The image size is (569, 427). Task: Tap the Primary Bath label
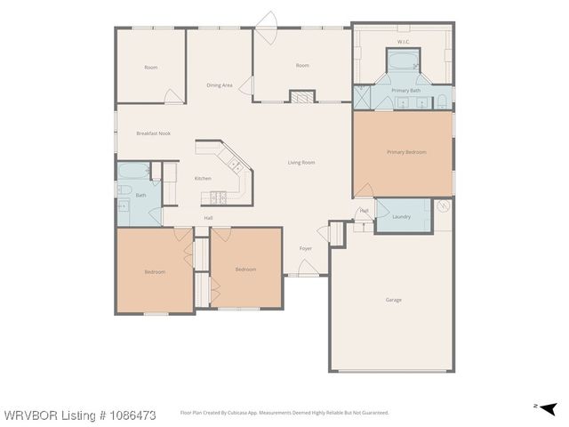click(x=406, y=90)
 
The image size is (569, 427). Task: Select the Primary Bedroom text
click(x=406, y=152)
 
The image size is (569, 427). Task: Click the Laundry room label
click(x=401, y=216)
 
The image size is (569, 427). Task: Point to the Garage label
click(x=393, y=300)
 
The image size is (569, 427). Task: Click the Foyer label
click(x=305, y=248)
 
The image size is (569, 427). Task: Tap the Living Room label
click(x=301, y=163)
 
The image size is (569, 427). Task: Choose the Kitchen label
click(x=203, y=178)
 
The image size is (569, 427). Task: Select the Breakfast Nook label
click(x=153, y=133)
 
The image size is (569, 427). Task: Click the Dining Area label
click(x=220, y=85)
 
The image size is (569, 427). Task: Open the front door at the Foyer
click(x=307, y=268)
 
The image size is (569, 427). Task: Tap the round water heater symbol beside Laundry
click(x=444, y=206)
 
